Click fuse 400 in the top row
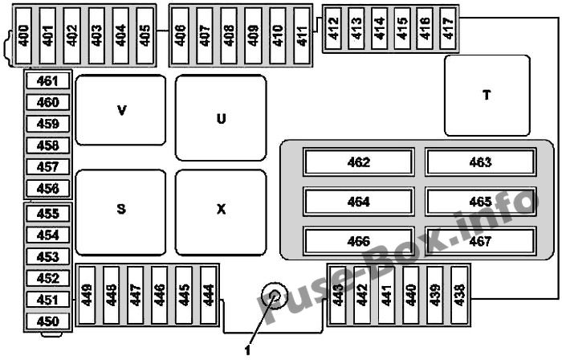click(23, 35)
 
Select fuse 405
click(145, 35)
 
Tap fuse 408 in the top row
click(229, 35)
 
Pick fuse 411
click(302, 35)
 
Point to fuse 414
click(379, 28)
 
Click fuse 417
click(448, 28)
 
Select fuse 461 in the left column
click(47, 81)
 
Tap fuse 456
click(47, 188)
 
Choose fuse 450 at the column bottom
click(47, 321)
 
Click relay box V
click(120, 110)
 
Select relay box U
click(221, 117)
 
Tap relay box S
click(120, 212)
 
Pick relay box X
click(221, 212)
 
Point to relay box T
click(487, 96)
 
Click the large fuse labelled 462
click(359, 162)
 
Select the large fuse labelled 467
click(481, 241)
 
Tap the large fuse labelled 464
click(359, 202)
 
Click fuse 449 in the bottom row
click(87, 295)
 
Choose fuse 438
click(459, 295)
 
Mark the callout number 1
click(247, 350)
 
